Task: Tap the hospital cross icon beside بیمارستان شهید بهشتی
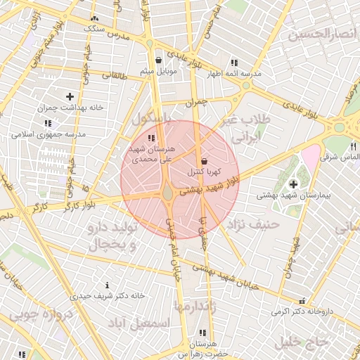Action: pyautogui.click(x=292, y=184)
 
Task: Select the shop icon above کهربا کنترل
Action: pyautogui.click(x=204, y=162)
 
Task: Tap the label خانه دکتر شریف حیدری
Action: pyautogui.click(x=107, y=295)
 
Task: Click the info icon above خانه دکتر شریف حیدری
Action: pyautogui.click(x=107, y=285)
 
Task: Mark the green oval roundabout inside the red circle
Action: pyautogui.click(x=168, y=192)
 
